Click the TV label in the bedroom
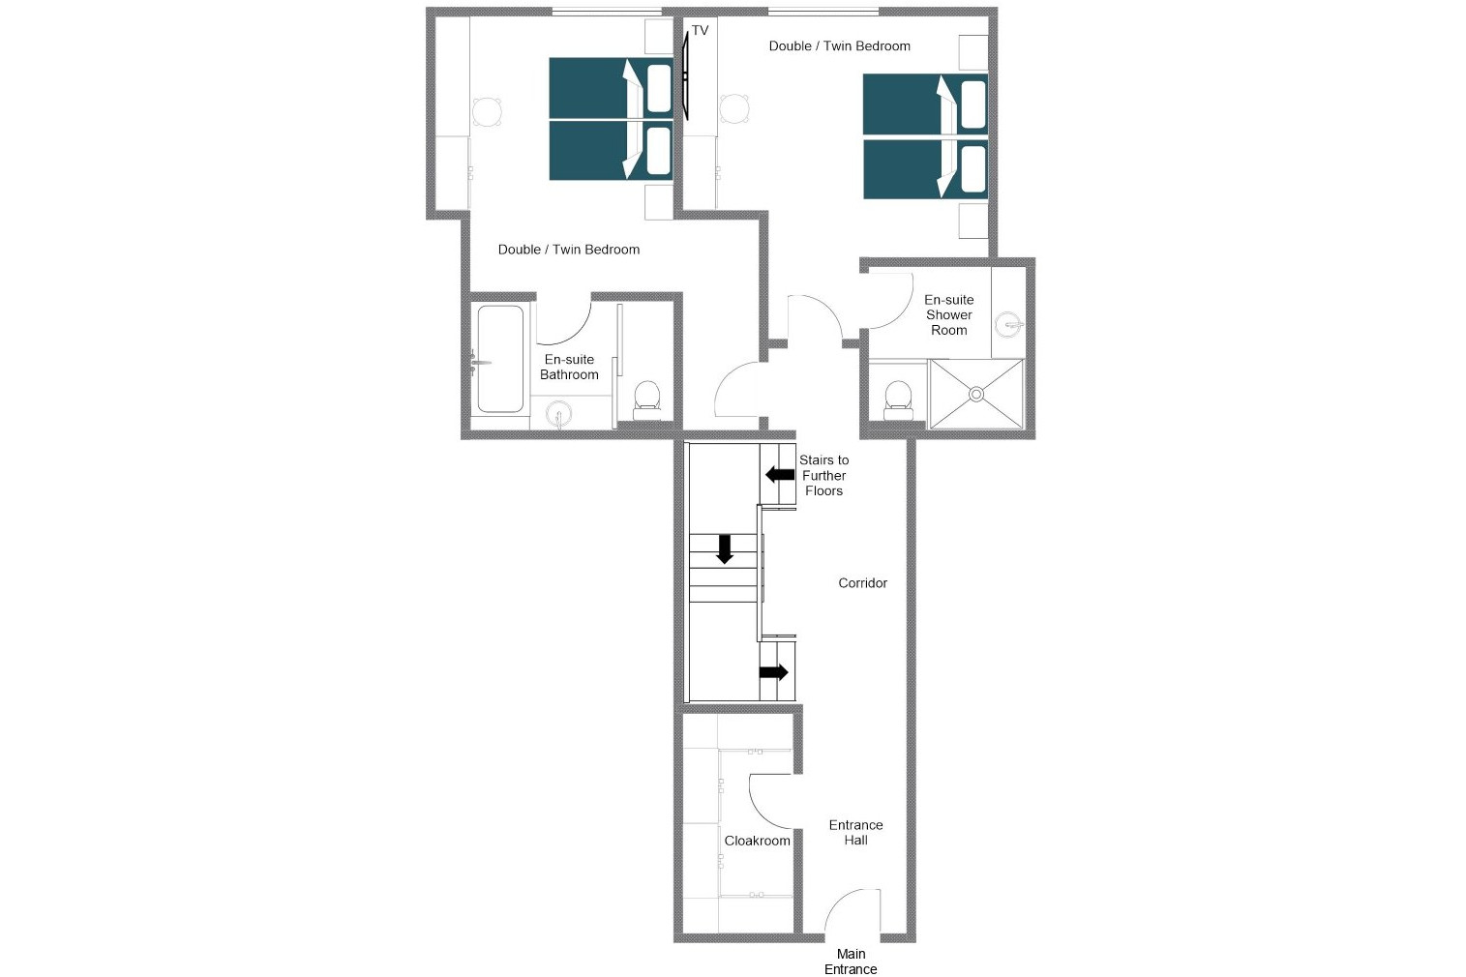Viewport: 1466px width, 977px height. click(700, 31)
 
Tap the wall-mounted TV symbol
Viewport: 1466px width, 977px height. click(685, 74)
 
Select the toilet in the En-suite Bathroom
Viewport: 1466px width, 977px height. click(646, 398)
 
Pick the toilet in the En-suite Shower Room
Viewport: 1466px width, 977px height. click(898, 398)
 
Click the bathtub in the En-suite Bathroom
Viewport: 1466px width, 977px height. click(500, 359)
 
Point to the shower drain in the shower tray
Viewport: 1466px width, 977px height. click(976, 394)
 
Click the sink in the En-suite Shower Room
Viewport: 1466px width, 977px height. click(1008, 324)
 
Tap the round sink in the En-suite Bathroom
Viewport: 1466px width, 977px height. click(558, 416)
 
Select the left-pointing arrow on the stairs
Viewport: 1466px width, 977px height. click(780, 474)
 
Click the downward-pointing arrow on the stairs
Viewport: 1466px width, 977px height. click(724, 548)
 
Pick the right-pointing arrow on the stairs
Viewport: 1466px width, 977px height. click(774, 672)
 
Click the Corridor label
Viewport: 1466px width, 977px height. click(862, 583)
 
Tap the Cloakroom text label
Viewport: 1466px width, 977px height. click(757, 841)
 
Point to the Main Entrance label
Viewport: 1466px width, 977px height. click(851, 962)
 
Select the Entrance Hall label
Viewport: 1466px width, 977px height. click(855, 833)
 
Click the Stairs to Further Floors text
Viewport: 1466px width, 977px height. click(823, 476)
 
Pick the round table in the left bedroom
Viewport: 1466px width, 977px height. click(488, 112)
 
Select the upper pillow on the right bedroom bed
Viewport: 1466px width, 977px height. click(972, 104)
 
